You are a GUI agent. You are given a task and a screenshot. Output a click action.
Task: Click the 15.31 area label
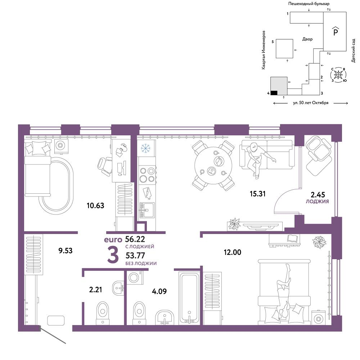coord(258,194)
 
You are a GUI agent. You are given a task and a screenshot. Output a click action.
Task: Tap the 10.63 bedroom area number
coord(95,205)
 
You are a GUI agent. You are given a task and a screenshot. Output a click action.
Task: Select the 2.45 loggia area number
coord(318,195)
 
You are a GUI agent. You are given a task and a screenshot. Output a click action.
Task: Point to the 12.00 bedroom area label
coord(232,252)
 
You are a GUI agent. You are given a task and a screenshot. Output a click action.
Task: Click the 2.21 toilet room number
coord(95,289)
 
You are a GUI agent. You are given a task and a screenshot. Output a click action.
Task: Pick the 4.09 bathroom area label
coord(159,291)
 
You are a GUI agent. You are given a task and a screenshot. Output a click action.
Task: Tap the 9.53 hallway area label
coord(66,251)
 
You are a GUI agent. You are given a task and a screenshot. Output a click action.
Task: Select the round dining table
coord(213,165)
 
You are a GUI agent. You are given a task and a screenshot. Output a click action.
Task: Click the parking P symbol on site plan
coord(336,31)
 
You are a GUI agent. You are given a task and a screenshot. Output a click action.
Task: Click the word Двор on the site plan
coord(307,39)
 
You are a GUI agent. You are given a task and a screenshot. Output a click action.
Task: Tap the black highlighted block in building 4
coord(274,93)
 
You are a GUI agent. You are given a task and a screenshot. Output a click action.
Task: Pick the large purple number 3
coord(113,255)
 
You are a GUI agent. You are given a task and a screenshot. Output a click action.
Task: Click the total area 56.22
coord(135,239)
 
